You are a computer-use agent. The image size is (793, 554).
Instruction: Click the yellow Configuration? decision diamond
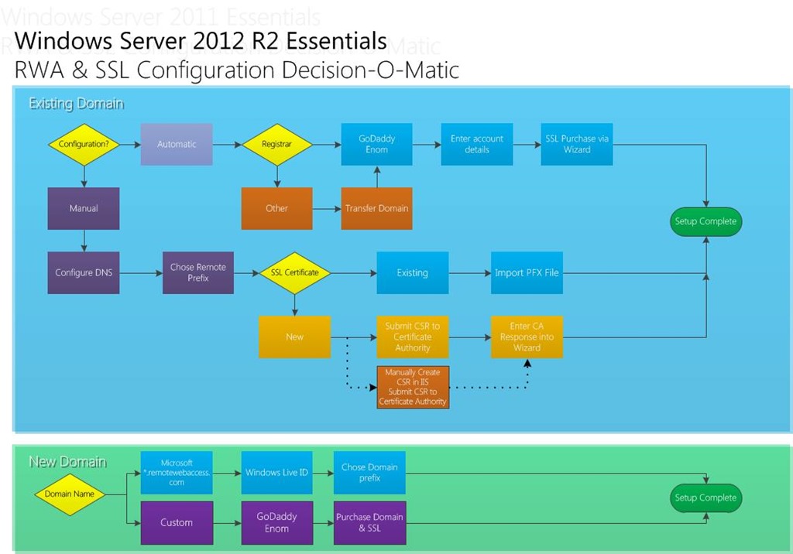pos(84,145)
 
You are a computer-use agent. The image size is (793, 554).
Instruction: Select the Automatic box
pos(177,145)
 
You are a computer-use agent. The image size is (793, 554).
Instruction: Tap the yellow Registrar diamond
pos(276,145)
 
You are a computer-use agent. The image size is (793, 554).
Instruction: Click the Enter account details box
pos(477,145)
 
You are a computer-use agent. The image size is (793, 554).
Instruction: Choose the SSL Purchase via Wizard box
pos(577,145)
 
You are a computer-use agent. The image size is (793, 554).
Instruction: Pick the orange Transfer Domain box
pos(377,208)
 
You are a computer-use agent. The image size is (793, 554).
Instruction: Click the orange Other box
pos(276,208)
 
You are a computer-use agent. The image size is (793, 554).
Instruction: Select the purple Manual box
pos(84,208)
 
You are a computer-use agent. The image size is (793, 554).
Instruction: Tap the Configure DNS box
pos(84,272)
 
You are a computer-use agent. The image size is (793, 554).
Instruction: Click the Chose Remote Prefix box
pos(198,272)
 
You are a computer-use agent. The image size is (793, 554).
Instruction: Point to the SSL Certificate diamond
pos(294,272)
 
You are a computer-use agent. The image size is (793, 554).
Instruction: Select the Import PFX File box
pos(527,272)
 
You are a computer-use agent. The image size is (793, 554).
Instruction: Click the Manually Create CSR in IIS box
pos(413,387)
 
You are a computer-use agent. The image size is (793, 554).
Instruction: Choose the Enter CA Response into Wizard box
pos(527,337)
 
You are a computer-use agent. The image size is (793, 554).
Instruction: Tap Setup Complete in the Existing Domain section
pos(706,221)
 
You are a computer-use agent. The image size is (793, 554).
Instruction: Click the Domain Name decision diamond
pos(69,494)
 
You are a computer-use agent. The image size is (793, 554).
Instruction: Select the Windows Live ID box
pos(276,473)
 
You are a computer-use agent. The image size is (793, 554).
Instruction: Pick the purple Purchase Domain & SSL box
pos(369,522)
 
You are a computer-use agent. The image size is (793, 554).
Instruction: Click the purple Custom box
pos(177,522)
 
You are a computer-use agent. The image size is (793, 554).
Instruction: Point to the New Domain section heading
pos(67,462)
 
